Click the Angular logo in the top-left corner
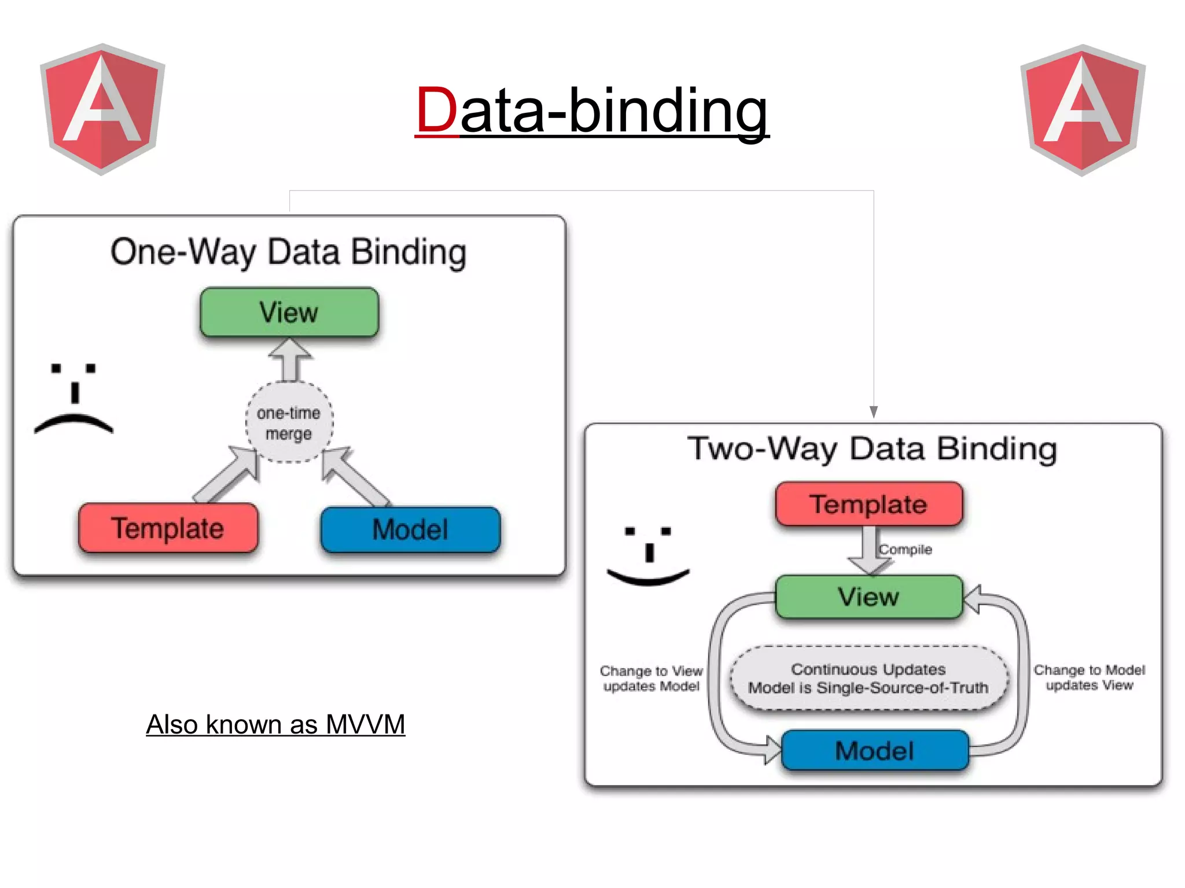point(102,109)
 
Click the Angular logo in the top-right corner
point(1083,110)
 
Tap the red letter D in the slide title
point(436,110)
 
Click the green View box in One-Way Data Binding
point(289,312)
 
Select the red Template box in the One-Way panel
point(168,528)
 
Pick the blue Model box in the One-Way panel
point(410,529)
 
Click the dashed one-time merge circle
point(289,423)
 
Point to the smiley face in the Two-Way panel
point(648,555)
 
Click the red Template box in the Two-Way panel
point(868,504)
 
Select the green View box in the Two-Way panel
point(868,597)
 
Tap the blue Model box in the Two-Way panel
point(874,751)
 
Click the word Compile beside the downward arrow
point(906,550)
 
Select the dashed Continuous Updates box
point(868,678)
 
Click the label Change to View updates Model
point(651,679)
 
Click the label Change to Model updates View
point(1089,677)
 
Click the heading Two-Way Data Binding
point(872,449)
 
